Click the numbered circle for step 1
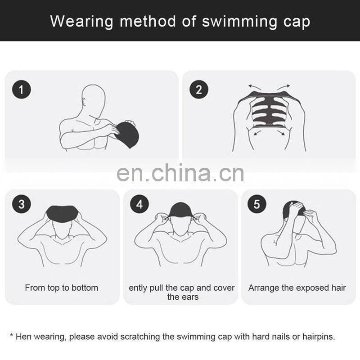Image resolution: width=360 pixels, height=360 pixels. click(21, 90)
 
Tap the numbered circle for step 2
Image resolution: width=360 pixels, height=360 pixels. click(199, 90)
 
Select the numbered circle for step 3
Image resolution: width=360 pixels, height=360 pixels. click(21, 204)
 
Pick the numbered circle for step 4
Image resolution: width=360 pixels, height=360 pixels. click(139, 204)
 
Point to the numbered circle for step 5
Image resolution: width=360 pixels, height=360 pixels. click(257, 204)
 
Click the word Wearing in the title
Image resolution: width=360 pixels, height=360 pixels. click(82, 22)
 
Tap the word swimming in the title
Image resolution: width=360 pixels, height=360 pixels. click(239, 22)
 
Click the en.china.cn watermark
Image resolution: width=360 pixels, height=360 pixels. click(180, 173)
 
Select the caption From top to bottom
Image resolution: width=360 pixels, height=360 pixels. click(62, 288)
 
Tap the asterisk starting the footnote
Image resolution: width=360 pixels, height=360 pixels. click(12, 335)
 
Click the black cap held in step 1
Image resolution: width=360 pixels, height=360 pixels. click(127, 135)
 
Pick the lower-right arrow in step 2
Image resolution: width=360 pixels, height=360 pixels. click(281, 133)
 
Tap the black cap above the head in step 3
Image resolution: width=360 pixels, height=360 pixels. click(62, 214)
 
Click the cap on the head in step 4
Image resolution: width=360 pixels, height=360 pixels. click(180, 210)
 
